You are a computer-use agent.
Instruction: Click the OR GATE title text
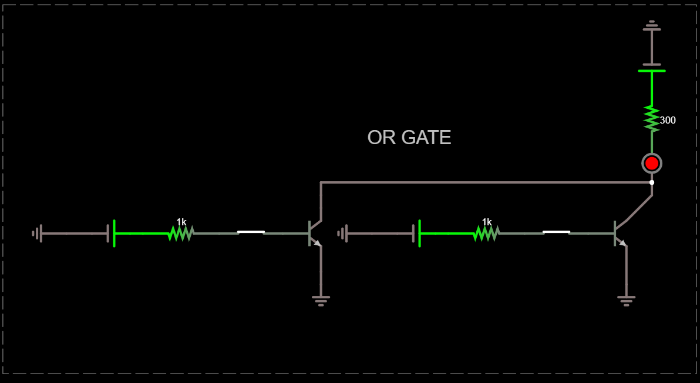pos(409,138)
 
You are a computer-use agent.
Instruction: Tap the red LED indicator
pos(652,163)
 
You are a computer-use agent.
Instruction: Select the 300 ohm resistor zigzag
pos(652,118)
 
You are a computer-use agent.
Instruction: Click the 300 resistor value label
pos(668,120)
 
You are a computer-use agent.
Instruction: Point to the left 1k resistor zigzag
pos(180,234)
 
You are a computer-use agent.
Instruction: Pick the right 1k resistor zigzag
pos(486,234)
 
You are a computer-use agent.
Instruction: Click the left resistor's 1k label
pos(181,222)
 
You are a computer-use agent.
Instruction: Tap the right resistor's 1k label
pos(487,222)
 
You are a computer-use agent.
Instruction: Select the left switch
pos(251,232)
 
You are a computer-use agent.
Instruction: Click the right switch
pos(556,232)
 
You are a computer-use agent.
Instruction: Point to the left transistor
pos(314,233)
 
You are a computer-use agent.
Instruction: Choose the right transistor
pos(620,233)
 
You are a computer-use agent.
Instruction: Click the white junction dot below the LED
pos(652,182)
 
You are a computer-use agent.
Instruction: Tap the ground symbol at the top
pos(652,25)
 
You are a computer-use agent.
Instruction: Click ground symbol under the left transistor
pos(321,300)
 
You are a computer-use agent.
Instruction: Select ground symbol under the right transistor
pos(627,300)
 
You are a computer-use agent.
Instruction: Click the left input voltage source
pos(111,234)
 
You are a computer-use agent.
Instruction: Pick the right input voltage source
pos(416,234)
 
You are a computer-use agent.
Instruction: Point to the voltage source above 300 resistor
pos(652,68)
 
